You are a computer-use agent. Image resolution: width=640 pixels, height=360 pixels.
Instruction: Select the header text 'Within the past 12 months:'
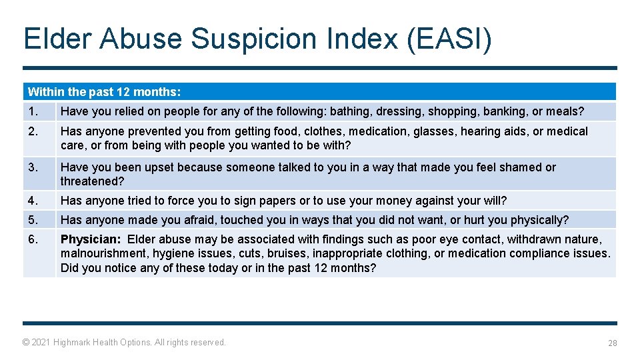coord(104,92)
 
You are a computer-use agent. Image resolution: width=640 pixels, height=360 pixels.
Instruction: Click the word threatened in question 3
coord(89,181)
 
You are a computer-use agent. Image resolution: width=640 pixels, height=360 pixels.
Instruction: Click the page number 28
coord(612,343)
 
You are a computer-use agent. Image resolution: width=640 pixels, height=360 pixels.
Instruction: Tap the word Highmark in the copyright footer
coord(75,342)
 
